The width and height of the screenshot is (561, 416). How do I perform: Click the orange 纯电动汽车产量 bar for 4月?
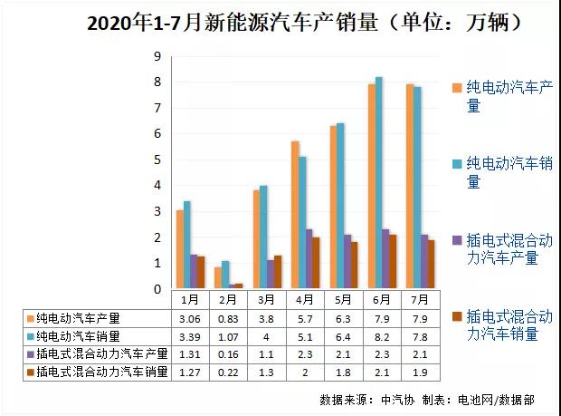[x=295, y=216]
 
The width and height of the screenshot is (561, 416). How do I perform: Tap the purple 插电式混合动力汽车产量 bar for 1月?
[x=194, y=272]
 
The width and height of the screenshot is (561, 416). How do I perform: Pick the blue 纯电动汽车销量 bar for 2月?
[x=226, y=276]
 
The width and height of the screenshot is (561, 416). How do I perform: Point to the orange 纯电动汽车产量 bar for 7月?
[x=410, y=188]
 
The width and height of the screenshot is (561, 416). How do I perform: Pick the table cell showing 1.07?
[x=228, y=336]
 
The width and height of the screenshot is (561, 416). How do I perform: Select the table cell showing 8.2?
[x=381, y=336]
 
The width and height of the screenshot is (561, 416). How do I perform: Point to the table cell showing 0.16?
[x=228, y=353]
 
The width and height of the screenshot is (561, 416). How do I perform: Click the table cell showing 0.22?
[x=228, y=371]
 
